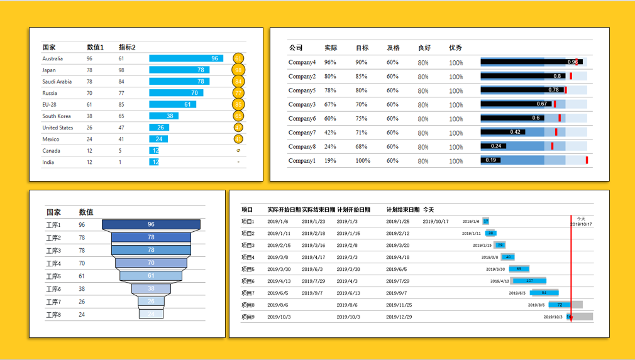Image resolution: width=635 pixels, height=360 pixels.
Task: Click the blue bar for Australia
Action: click(185, 58)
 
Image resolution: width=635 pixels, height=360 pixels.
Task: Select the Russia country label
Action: click(50, 93)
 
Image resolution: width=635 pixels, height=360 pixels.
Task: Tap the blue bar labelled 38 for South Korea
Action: click(163, 116)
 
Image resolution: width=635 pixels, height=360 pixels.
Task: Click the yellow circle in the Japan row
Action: click(238, 70)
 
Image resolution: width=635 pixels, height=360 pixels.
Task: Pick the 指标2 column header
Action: click(127, 47)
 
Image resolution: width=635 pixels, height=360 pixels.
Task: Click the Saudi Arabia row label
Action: click(57, 82)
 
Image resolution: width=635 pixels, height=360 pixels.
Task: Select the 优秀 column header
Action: click(456, 48)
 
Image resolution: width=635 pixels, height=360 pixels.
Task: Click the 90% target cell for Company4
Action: click(361, 62)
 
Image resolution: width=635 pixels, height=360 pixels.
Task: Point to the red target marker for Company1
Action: click(587, 160)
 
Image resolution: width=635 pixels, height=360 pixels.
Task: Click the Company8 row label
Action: click(302, 146)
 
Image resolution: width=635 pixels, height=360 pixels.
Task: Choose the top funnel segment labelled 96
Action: click(151, 224)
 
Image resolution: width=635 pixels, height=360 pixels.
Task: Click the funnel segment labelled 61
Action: click(151, 276)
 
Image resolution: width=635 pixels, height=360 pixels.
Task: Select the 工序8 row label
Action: click(53, 315)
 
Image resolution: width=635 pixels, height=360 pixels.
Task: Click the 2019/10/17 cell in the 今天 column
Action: click(435, 221)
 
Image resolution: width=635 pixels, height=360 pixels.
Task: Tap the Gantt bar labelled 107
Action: click(528, 281)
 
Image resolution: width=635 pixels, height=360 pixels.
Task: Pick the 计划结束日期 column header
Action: click(402, 210)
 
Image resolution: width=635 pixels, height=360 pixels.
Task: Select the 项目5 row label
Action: click(248, 269)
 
